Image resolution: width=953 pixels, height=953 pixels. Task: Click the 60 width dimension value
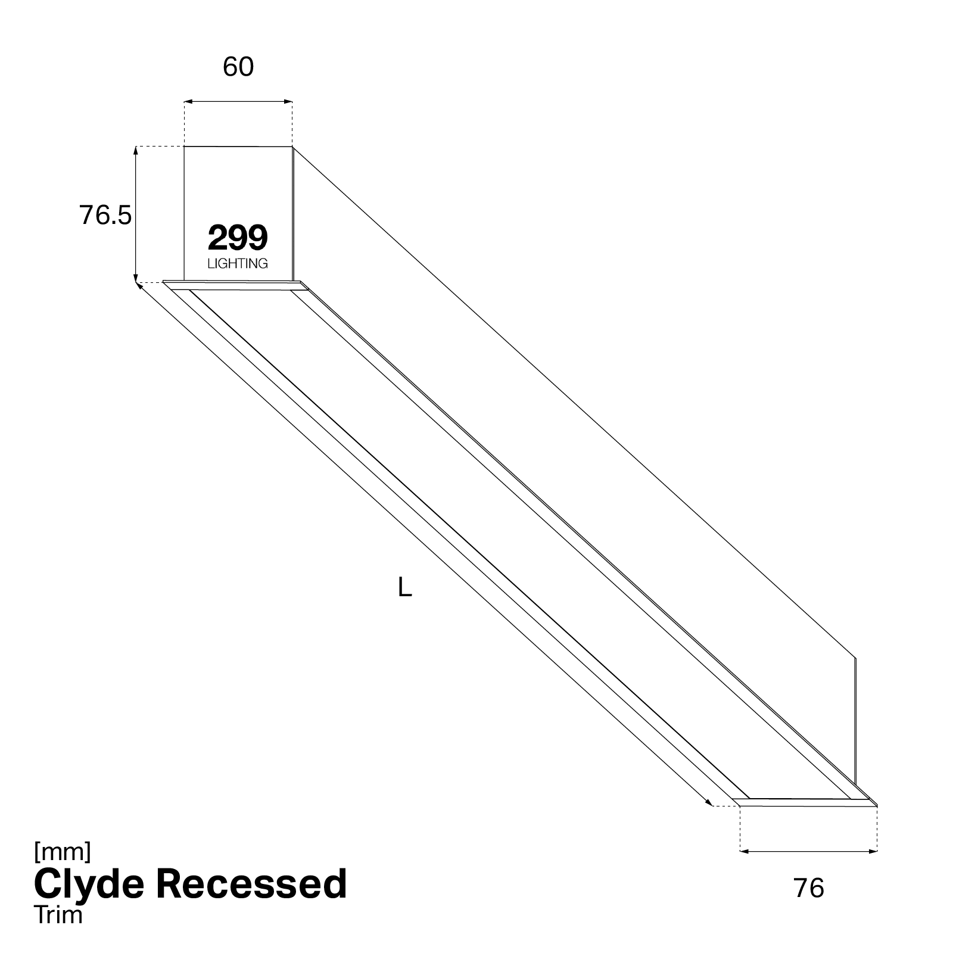238,67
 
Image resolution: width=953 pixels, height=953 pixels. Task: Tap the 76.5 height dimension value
105,215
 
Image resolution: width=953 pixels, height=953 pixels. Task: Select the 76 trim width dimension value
809,888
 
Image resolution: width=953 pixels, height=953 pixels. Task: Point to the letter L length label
405,588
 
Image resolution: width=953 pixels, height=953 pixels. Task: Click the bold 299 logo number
238,238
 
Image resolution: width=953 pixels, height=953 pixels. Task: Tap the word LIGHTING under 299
238,263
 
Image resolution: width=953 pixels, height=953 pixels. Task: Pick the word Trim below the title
58,914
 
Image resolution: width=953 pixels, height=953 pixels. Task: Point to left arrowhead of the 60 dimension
188,102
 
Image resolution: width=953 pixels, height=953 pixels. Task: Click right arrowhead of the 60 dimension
289,102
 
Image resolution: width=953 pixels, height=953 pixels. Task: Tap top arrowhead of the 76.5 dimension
136,150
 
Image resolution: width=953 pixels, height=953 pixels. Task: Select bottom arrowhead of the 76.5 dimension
136,276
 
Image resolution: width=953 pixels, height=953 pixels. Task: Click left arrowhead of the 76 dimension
743,851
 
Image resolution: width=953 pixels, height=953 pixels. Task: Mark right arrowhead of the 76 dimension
873,851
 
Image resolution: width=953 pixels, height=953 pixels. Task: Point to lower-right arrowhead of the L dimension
709,802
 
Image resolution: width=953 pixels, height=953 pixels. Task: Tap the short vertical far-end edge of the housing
855,721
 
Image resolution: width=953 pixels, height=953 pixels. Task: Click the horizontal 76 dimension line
808,851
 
